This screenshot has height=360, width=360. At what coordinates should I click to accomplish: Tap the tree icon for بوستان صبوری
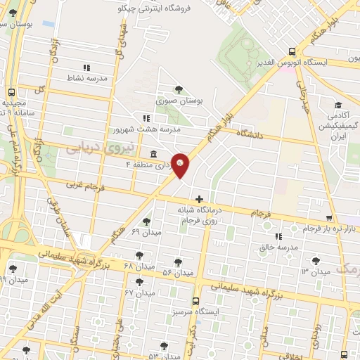pos(179,89)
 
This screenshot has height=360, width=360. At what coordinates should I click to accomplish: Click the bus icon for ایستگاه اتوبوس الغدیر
pos(292,51)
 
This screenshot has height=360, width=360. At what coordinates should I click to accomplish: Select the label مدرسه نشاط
pos(87,78)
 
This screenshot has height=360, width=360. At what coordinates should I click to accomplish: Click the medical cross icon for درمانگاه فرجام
pos(201,199)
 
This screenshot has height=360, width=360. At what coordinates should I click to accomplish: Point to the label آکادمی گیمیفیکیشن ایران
pos(335,123)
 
